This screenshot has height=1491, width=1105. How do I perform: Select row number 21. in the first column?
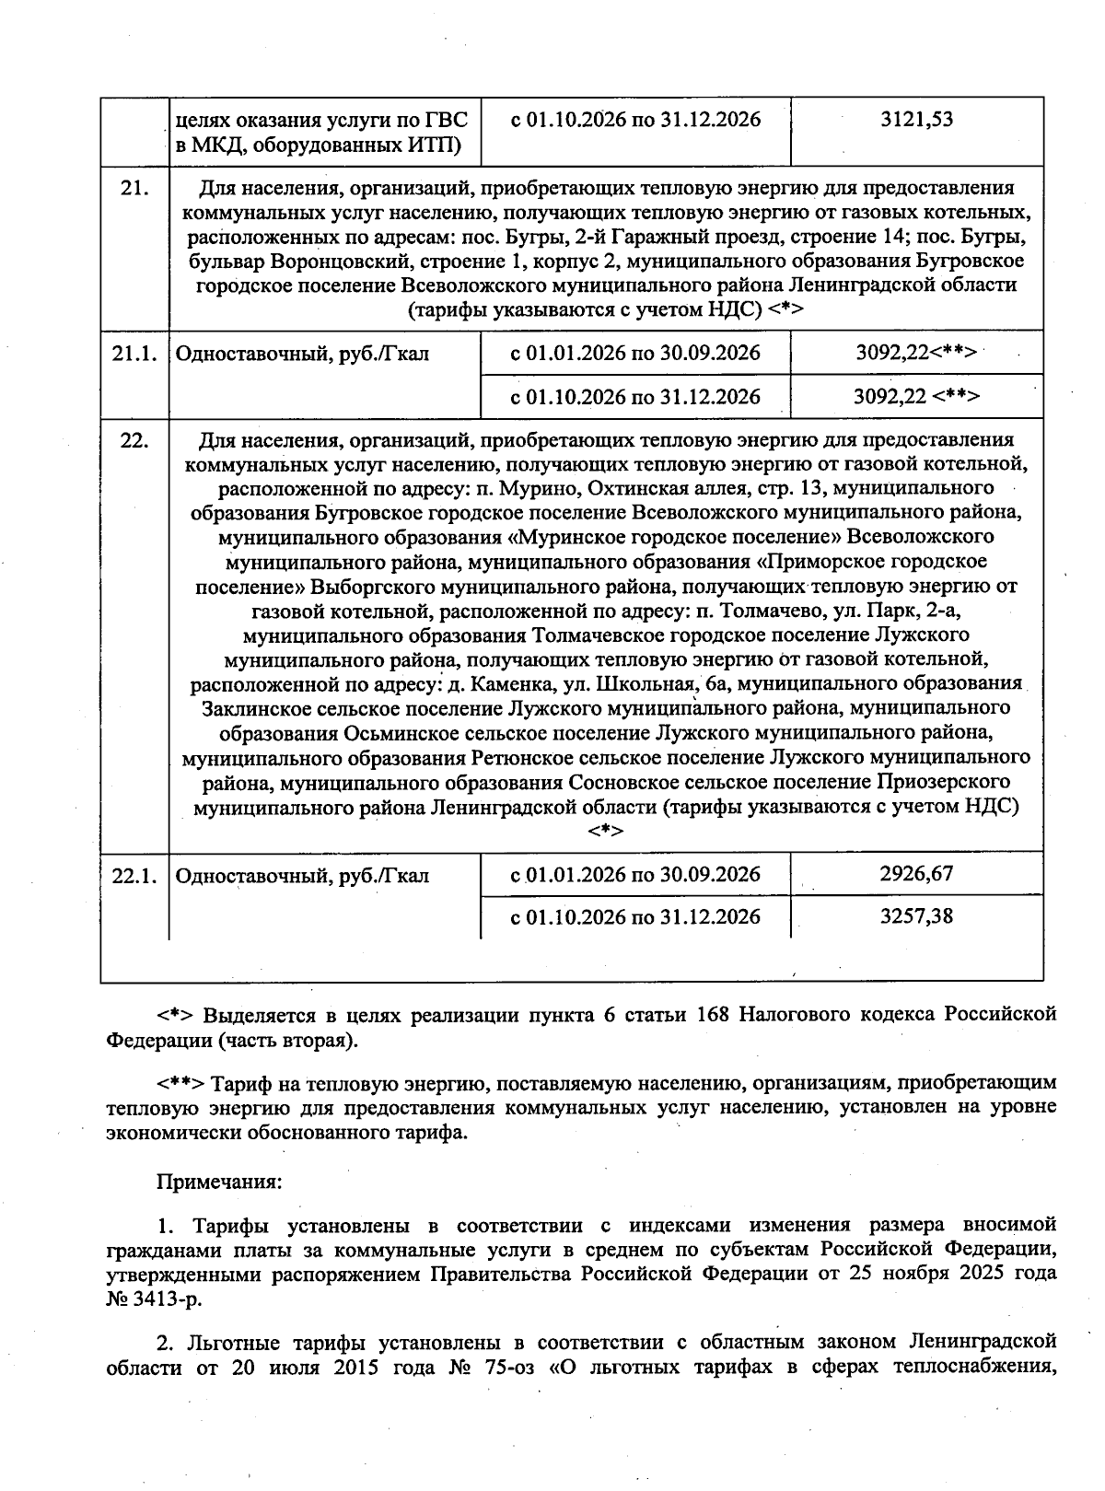pyautogui.click(x=134, y=188)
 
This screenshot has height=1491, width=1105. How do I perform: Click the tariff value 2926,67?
pyautogui.click(x=916, y=873)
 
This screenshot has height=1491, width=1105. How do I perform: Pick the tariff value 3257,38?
pyautogui.click(x=916, y=916)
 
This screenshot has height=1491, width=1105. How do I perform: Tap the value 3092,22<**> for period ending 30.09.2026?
pyautogui.click(x=916, y=353)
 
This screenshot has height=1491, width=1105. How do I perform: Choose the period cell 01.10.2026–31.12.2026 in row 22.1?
pyautogui.click(x=635, y=916)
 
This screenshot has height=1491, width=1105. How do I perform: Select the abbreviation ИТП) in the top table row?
pyautogui.click(x=439, y=145)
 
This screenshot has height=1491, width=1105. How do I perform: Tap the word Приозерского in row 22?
pyautogui.click(x=950, y=782)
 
